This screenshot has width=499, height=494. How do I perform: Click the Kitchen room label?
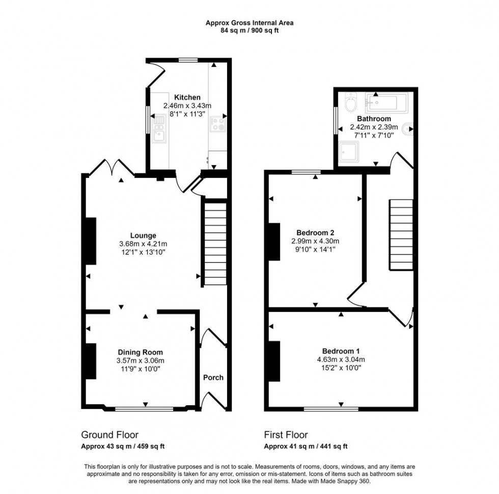(187, 97)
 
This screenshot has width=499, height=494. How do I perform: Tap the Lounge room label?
(143, 236)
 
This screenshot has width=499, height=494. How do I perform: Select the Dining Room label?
(141, 352)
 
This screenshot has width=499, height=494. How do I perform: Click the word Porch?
(213, 378)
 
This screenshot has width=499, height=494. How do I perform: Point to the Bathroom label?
(374, 119)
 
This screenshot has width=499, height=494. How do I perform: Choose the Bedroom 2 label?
(315, 232)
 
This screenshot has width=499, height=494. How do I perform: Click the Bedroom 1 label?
(341, 351)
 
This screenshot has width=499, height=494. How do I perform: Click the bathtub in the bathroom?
(386, 102)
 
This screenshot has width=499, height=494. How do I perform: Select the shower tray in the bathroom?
(350, 151)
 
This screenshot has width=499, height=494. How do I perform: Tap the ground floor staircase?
(215, 242)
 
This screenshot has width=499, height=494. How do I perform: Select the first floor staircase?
(401, 235)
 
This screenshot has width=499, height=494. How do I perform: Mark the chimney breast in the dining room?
(91, 361)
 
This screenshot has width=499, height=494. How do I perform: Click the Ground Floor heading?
(109, 435)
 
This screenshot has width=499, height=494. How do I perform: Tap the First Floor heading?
(286, 435)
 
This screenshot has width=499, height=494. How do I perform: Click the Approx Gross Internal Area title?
(249, 22)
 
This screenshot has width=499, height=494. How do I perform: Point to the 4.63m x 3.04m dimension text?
(341, 359)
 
